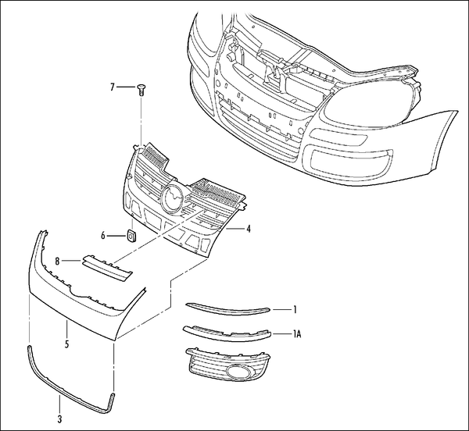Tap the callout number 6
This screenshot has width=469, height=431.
102,234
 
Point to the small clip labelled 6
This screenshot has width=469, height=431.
131,234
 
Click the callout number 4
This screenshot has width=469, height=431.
248,230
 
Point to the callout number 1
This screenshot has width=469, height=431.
295,309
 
